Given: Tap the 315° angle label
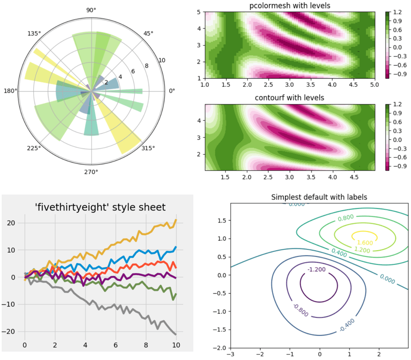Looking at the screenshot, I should click(148, 148).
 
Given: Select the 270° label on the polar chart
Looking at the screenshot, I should click(91, 171).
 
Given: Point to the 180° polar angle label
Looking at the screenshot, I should click(11, 91).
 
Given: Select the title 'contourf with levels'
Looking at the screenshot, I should click(289, 98).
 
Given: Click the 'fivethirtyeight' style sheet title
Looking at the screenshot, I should click(100, 207).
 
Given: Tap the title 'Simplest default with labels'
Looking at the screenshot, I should click(319, 197).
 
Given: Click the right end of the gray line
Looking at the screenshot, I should click(176, 334).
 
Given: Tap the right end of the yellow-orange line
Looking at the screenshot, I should click(176, 220).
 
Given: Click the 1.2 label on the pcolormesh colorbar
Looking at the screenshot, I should click(397, 12).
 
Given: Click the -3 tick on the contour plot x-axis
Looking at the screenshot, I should click(231, 354).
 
